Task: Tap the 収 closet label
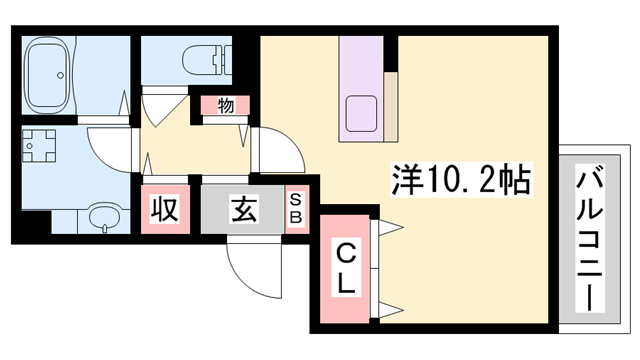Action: click(x=164, y=210)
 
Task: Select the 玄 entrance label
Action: click(x=244, y=210)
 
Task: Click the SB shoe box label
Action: click(x=297, y=211)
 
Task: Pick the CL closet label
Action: click(x=343, y=267)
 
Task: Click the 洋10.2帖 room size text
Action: click(x=459, y=181)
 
